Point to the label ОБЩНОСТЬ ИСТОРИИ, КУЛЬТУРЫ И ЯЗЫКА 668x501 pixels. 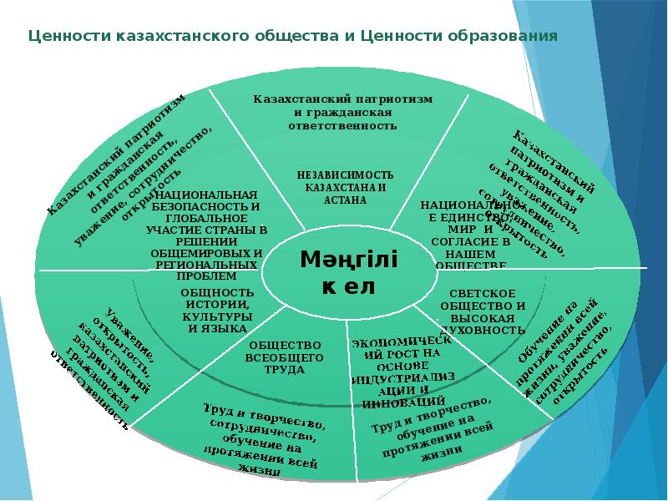(217, 310)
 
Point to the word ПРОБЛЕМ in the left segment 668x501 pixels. (207, 276)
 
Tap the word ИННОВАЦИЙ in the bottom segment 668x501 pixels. (397, 402)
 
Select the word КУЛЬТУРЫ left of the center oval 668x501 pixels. (217, 316)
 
